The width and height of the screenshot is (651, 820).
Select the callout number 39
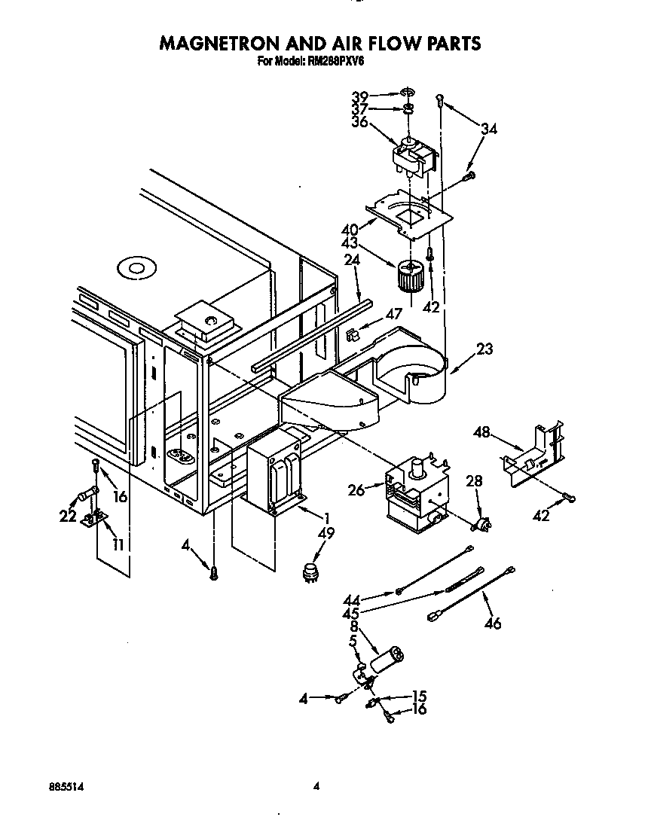(360, 96)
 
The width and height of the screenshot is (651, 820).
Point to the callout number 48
(482, 432)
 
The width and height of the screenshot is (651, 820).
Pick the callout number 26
(356, 490)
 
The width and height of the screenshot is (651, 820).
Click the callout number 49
(327, 534)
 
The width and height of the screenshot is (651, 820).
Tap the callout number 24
(352, 261)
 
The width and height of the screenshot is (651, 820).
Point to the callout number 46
(494, 622)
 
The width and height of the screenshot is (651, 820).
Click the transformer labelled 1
(274, 477)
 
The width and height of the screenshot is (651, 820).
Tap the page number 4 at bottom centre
(317, 786)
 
